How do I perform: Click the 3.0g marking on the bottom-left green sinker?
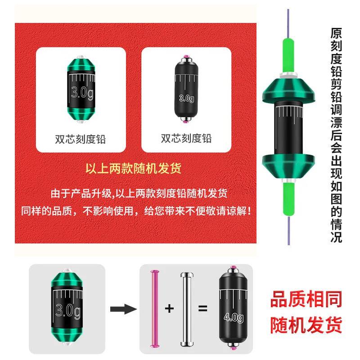pyautogui.click(x=68, y=309)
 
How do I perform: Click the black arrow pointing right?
pyautogui.click(x=123, y=309)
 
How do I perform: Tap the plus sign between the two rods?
pyautogui.click(x=170, y=309)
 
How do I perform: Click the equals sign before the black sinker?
pyautogui.click(x=202, y=309)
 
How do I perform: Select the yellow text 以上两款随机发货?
pyautogui.click(x=134, y=169)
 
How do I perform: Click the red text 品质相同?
pyautogui.click(x=306, y=299)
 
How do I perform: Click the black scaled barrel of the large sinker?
pyautogui.click(x=288, y=126)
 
